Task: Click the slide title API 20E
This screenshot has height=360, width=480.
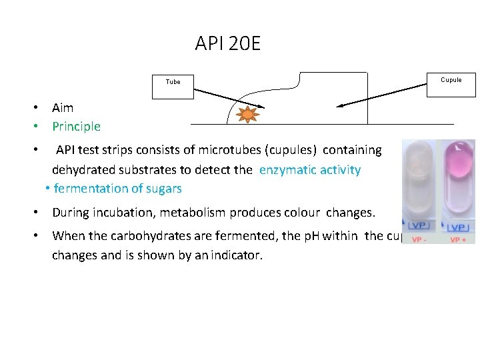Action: tap(228, 44)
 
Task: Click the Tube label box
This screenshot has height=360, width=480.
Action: tap(173, 82)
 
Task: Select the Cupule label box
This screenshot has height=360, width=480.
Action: tap(451, 80)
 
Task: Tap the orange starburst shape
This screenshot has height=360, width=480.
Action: tap(248, 114)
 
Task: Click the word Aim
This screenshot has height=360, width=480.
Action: tap(63, 107)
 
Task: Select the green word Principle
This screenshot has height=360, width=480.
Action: tap(76, 126)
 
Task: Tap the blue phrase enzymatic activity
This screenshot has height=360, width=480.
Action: tap(310, 169)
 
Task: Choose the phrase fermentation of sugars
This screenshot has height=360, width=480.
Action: tap(117, 189)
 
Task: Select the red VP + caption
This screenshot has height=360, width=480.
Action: tap(458, 239)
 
